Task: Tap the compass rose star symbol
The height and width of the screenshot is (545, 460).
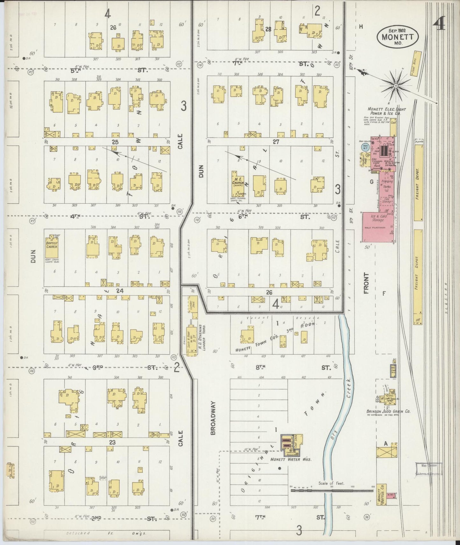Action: click(x=396, y=86)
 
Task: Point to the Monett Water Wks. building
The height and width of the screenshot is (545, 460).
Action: click(x=291, y=443)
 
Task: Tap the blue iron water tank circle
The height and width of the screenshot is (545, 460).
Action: click(x=365, y=147)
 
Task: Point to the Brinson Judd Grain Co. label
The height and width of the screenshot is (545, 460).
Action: click(x=388, y=411)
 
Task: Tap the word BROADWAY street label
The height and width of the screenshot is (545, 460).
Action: click(x=213, y=418)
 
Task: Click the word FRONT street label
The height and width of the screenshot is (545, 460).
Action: click(x=366, y=283)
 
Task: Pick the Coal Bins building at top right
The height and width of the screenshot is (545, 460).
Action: click(x=416, y=63)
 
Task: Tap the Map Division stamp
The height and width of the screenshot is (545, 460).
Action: click(x=428, y=469)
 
